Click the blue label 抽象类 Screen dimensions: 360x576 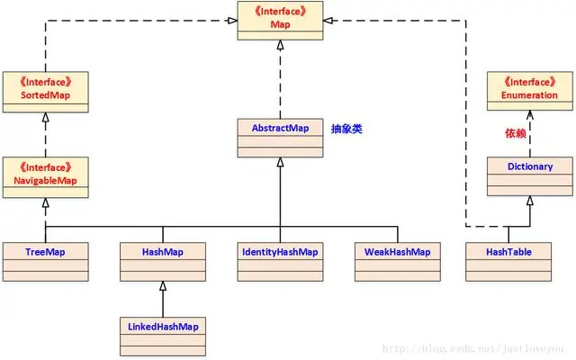[346, 129]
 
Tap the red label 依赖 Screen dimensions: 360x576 [513, 133]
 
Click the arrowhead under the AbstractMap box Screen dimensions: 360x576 [281, 162]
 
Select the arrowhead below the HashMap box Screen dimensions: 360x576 [163, 285]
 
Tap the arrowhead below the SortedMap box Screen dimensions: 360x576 [45, 117]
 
